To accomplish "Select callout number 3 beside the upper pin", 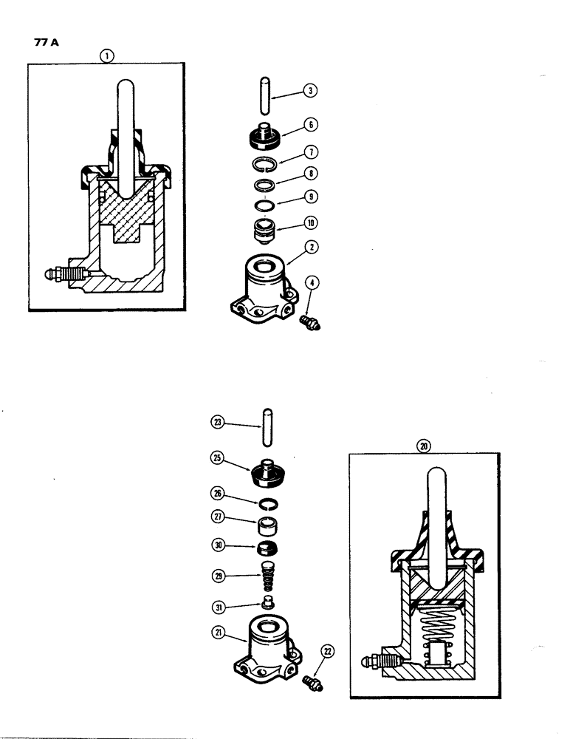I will (311, 92).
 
